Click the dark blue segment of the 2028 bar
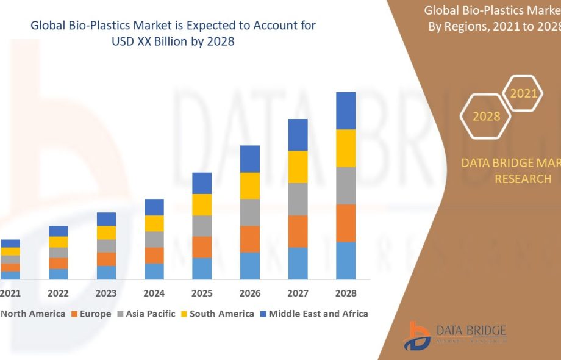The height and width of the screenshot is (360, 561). [346, 110]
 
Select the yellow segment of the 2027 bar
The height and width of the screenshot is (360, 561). [298, 167]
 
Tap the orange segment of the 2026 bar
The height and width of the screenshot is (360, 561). [250, 239]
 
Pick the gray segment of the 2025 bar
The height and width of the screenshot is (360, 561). [202, 226]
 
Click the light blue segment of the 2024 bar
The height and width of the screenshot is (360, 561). [154, 272]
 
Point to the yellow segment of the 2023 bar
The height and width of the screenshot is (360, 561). [106, 232]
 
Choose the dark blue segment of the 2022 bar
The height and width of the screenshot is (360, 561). [59, 231]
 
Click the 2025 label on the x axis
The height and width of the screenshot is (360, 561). [202, 293]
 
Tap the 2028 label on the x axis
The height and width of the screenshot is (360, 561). [346, 293]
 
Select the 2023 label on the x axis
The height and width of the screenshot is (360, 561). [106, 293]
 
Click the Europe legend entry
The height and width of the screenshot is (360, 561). [91, 314]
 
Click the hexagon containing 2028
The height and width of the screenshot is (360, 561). [486, 116]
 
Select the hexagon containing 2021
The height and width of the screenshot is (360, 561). [523, 93]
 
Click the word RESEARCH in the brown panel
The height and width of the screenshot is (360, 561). [523, 179]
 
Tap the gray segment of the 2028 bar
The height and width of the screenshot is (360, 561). [346, 185]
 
